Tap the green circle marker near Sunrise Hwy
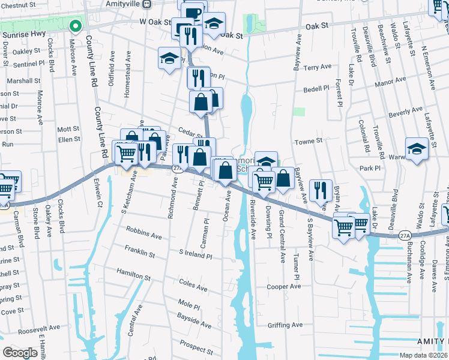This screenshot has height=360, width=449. tap(76, 26)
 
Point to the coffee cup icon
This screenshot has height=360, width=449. tap(193, 13)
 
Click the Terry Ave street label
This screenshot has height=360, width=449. tap(318, 68)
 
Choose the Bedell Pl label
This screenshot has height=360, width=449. tap(317, 88)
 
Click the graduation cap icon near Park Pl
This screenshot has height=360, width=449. tap(417, 148)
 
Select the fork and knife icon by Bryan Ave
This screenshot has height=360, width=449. tap(321, 190)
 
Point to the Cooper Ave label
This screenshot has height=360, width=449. tap(284, 287)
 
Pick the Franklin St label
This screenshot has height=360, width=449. tap(140, 251)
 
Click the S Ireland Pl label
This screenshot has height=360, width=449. tap(196, 254)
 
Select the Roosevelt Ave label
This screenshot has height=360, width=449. tap(39, 329)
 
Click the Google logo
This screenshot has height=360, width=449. tap(20, 353)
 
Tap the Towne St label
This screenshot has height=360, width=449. tap(309, 140)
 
